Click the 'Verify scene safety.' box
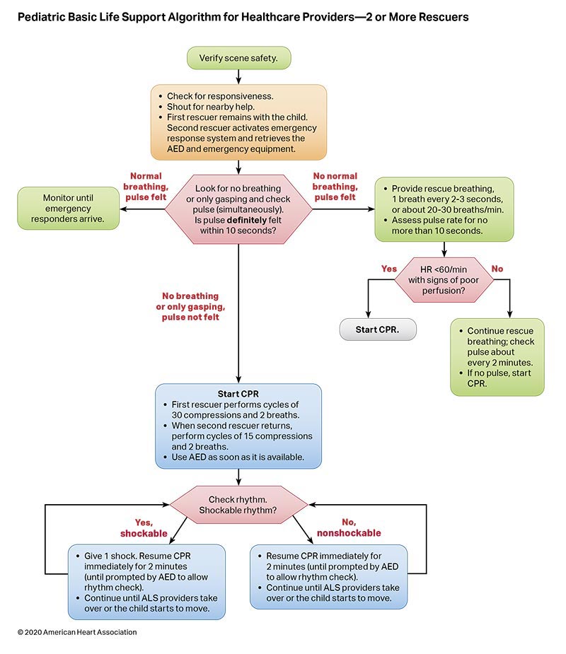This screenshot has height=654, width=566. coord(238,58)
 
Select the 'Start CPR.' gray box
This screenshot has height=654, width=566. coord(378,330)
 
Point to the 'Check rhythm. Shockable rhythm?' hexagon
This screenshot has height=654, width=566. coord(238,505)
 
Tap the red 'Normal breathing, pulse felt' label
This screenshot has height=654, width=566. coord(146,187)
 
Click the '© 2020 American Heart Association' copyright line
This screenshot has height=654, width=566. coord(77,631)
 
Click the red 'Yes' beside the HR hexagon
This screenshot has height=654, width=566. coord(388,268)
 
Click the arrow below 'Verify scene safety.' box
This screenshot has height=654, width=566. coord(238,76)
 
